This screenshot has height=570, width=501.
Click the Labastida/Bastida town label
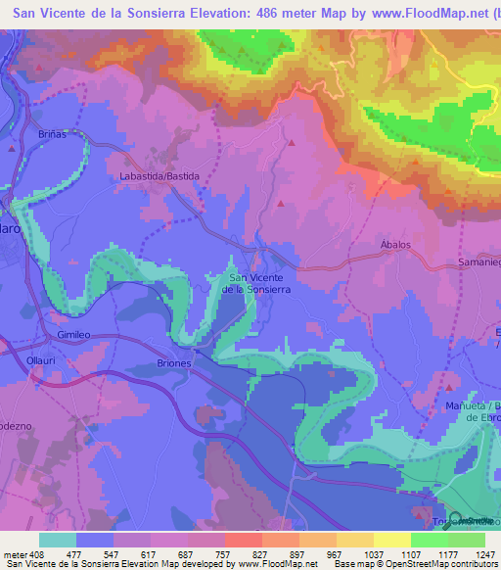pos(159,175)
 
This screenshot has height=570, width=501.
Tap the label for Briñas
pos(54,133)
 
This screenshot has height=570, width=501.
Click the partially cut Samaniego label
pos(478,264)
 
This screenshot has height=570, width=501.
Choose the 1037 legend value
pos(374,553)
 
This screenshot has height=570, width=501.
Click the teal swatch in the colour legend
pos(57,539)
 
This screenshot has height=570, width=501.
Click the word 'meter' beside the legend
pos(14,553)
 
